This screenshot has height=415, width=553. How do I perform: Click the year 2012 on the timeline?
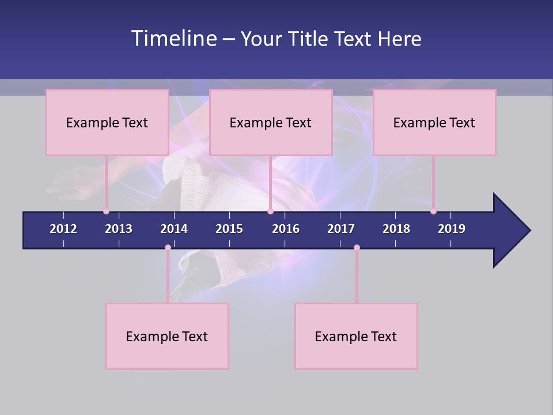(63, 229)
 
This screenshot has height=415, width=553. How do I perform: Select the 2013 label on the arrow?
(119, 229)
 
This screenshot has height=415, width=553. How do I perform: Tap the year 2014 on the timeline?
(174, 229)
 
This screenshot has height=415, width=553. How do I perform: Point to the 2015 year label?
(229, 229)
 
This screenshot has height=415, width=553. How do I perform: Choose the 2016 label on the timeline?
(286, 229)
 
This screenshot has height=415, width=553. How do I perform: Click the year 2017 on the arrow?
(341, 229)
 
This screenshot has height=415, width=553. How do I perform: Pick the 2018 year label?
(396, 229)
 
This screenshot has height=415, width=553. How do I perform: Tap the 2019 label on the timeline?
(452, 229)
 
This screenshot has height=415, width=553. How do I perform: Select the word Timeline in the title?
(173, 39)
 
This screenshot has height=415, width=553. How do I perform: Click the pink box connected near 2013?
(107, 122)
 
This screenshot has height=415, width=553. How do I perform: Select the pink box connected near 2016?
(271, 122)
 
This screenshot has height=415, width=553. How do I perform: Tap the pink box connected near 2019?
(434, 122)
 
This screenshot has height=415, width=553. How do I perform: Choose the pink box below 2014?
(167, 336)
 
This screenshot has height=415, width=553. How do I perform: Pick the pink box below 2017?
(356, 336)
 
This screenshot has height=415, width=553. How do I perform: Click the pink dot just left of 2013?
(106, 212)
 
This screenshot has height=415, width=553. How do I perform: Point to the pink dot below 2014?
(168, 248)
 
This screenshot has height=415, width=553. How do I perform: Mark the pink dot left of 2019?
(433, 212)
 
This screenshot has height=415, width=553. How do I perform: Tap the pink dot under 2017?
(357, 248)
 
